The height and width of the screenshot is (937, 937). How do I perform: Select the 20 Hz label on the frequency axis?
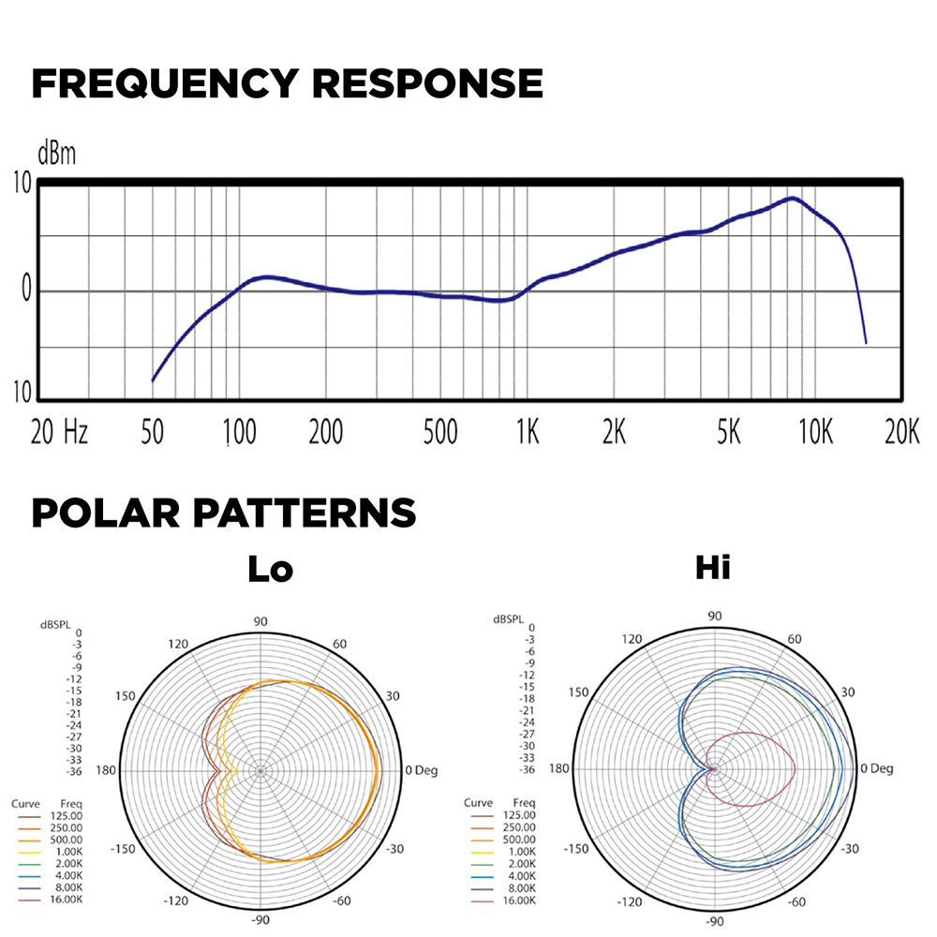coord(59,433)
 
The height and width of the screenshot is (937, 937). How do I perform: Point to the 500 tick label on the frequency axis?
coord(439,433)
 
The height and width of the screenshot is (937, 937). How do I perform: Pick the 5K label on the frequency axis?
coord(728,433)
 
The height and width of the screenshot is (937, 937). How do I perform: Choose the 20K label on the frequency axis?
coord(901,433)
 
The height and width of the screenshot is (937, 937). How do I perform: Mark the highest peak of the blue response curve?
coord(793,199)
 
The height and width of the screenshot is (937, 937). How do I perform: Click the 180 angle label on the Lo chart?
coord(106,770)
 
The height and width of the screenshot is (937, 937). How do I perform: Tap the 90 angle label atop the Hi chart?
coord(714,616)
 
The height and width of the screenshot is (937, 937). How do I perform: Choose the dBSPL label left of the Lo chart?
coord(54,621)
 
